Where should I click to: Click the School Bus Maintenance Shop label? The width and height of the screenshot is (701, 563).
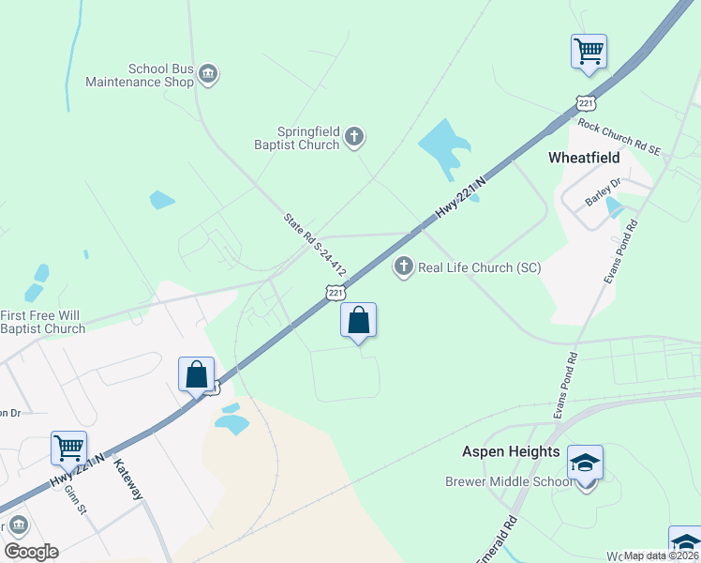[140, 75]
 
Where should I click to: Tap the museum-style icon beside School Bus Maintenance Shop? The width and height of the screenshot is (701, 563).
[209, 74]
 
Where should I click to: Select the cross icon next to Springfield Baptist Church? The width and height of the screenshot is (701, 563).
[354, 138]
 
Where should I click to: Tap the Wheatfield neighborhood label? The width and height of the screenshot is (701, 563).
[585, 158]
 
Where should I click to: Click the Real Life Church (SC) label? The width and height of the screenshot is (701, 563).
[479, 267]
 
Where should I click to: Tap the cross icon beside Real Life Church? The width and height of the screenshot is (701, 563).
[404, 267]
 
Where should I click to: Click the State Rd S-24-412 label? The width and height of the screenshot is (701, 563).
[316, 244]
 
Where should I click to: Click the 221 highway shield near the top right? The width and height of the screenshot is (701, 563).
[584, 100]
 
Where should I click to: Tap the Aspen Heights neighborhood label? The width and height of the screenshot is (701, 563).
[511, 451]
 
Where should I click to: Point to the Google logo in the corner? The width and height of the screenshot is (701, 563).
[31, 551]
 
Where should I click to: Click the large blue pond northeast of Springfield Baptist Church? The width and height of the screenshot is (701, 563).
[442, 144]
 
